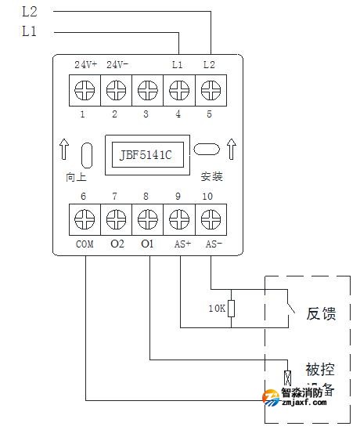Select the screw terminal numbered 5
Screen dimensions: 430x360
pos(210,90)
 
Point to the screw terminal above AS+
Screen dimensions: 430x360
pos(180,218)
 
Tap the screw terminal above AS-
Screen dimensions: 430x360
pos(211,218)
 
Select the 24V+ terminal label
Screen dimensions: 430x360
pos(85,63)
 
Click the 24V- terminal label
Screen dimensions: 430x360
pos(117,63)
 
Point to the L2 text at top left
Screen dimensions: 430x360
pos(28,12)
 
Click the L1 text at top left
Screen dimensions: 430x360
pos(28,31)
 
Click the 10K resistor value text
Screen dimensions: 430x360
pos(218,309)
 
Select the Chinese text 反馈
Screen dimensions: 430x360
pos(319,314)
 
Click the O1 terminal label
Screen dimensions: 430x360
pos(148,244)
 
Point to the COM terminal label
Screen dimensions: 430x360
pos(85,244)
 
